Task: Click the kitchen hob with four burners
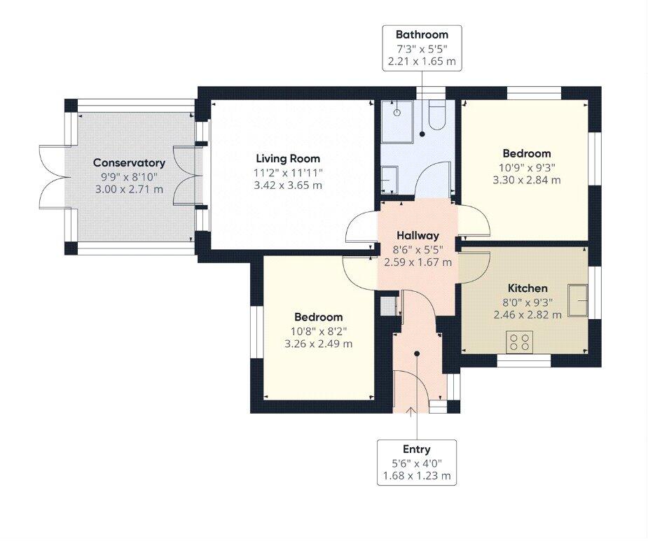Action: tap(520, 342)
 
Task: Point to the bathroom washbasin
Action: tap(389, 178)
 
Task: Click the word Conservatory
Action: tap(129, 163)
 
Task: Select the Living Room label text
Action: tap(287, 159)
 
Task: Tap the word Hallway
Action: tap(418, 236)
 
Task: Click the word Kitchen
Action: tap(528, 288)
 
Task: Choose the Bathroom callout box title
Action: tap(421, 34)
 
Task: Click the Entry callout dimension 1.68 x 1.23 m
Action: tap(417, 476)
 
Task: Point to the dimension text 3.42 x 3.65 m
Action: tap(287, 185)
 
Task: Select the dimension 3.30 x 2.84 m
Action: tap(526, 180)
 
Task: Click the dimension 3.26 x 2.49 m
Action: tap(318, 344)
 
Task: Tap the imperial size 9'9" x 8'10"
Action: tap(129, 176)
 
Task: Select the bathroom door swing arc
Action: tap(430, 178)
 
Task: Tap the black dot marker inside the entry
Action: tap(417, 353)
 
